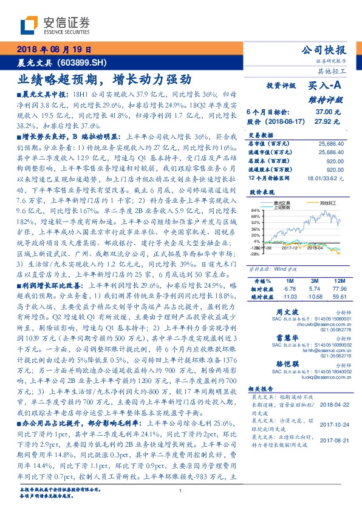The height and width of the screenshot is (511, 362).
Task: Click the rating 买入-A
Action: point(328,87)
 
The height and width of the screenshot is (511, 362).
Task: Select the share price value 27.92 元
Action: point(330,121)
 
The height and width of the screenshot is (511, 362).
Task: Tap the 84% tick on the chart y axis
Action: point(255,210)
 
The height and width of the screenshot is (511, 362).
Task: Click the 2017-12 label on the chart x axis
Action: point(286,247)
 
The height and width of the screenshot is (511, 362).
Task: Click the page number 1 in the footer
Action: point(181,490)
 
